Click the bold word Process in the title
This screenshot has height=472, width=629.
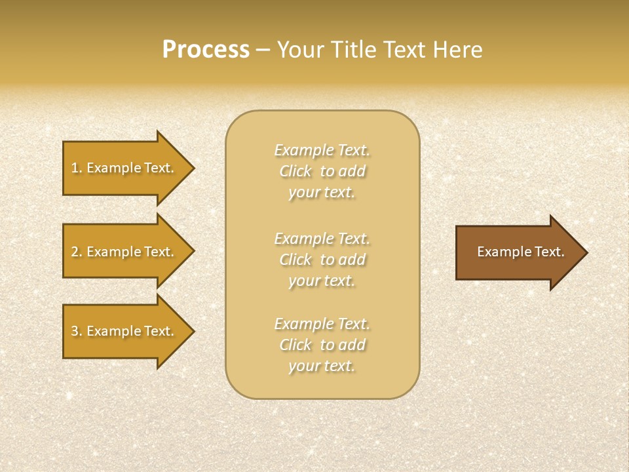click(x=206, y=50)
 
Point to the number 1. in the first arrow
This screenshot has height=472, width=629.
click(x=77, y=168)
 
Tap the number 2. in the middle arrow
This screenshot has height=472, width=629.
click(x=77, y=252)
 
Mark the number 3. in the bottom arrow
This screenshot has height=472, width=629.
click(x=77, y=331)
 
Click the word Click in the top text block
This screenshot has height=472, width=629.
click(x=295, y=171)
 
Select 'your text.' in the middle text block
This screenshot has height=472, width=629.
click(x=322, y=281)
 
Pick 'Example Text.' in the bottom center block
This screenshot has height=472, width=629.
click(x=322, y=324)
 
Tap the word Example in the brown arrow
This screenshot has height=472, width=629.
click(x=501, y=252)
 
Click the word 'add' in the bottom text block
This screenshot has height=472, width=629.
click(x=352, y=345)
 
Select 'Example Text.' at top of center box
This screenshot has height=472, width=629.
click(x=322, y=150)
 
